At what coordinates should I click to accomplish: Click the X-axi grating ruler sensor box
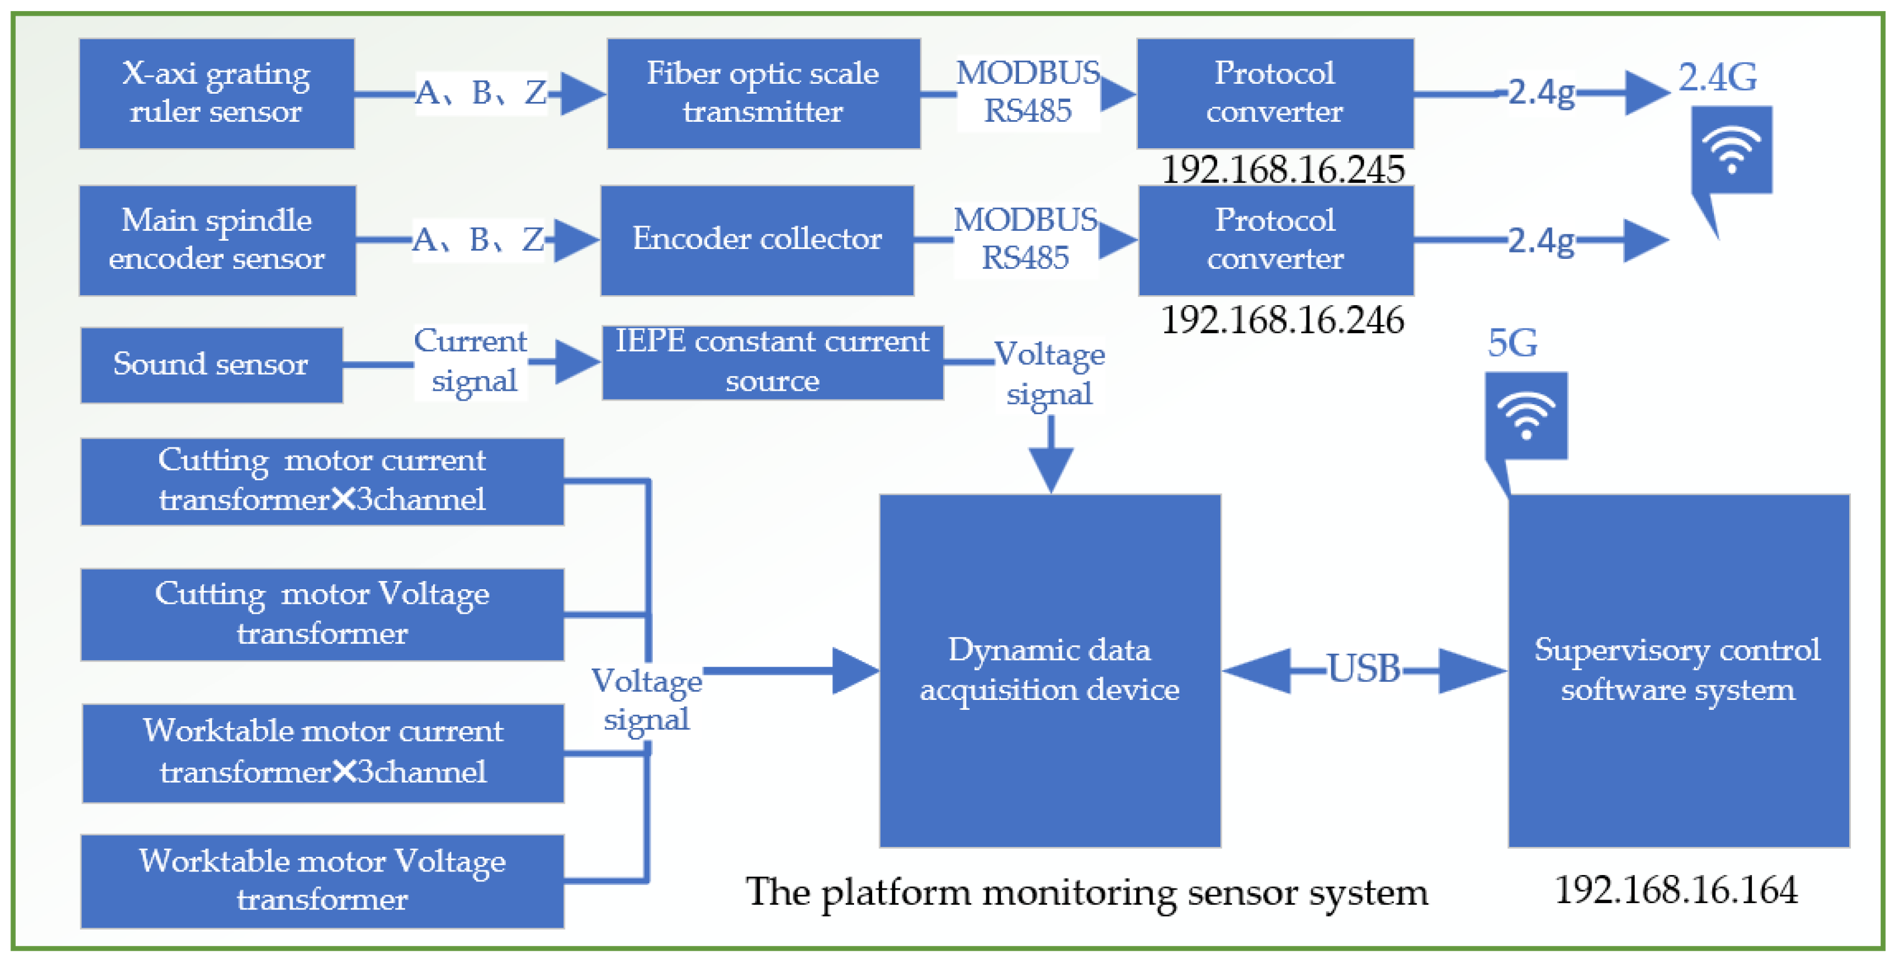pos(217,94)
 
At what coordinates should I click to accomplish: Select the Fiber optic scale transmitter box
pos(763,94)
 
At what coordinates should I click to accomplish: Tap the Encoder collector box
pos(757,240)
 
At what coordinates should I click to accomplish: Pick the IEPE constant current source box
pos(772,363)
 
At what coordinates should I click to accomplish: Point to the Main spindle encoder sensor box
pos(217,240)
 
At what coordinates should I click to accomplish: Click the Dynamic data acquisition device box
pos(1050,670)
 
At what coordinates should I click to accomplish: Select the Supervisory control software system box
pos(1678,670)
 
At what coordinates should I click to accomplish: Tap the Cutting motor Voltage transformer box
pos(323,614)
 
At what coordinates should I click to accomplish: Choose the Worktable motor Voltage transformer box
pos(323,881)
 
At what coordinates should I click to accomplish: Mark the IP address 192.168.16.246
pos(1282,320)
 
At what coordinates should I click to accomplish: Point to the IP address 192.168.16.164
pos(1675,890)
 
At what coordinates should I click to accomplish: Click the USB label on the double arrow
pos(1363,669)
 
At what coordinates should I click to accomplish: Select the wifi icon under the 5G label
pos(1526,416)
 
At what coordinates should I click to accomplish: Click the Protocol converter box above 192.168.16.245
pos(1275,94)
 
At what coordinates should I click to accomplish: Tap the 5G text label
pos(1512,343)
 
